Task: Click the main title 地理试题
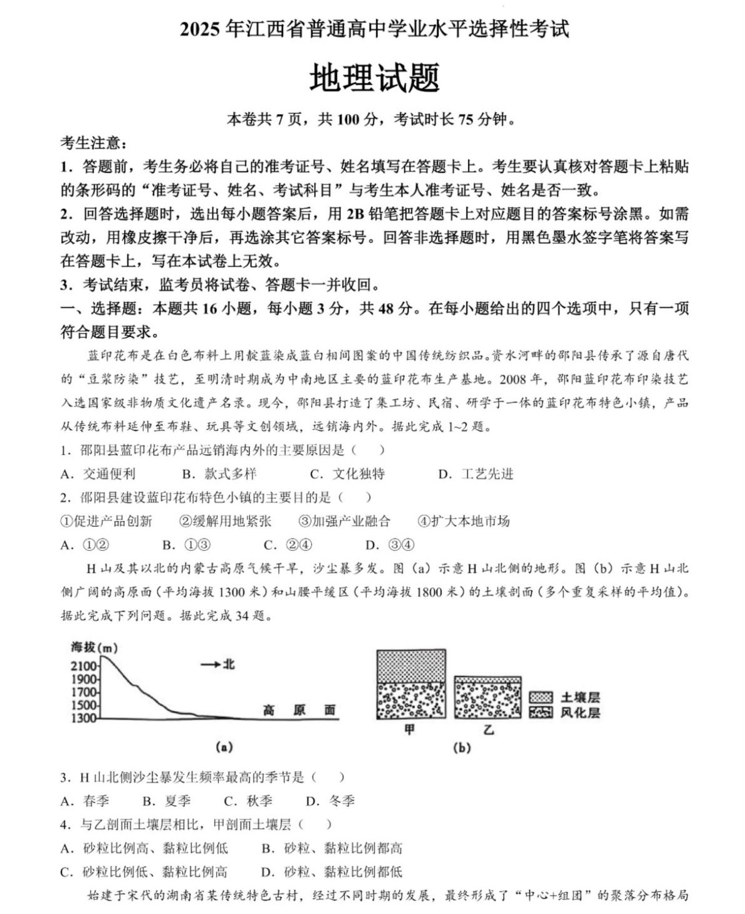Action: [374, 78]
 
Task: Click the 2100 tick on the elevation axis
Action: [85, 666]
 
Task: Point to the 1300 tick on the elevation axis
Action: [85, 719]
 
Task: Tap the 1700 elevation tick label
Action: [85, 692]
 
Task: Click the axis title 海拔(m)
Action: [94, 647]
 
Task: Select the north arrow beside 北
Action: [211, 664]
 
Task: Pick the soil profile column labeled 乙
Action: [487, 697]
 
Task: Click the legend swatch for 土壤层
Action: [540, 697]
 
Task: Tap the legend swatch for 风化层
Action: [540, 712]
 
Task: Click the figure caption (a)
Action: [224, 747]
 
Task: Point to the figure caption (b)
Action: [462, 747]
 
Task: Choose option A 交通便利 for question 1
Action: [98, 474]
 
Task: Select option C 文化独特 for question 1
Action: [348, 474]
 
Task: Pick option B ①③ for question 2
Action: [187, 545]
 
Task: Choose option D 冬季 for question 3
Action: [331, 801]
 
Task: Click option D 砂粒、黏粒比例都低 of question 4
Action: [332, 872]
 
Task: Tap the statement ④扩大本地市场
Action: [464, 521]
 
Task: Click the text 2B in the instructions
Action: [355, 214]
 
